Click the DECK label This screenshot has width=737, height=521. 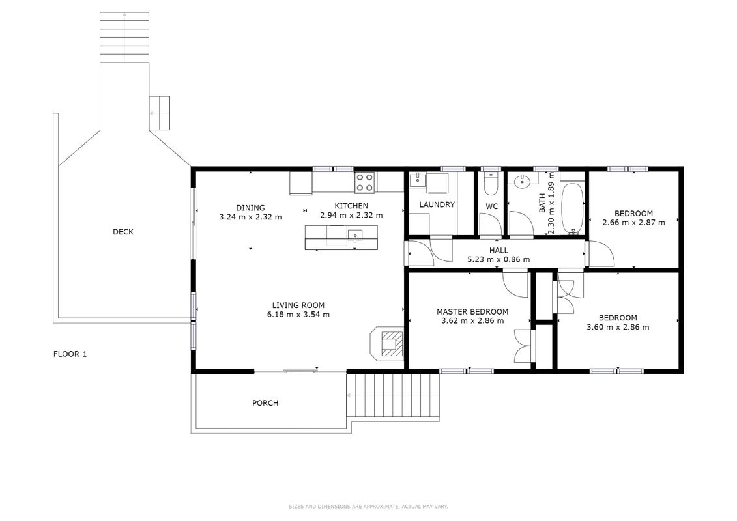coord(123,232)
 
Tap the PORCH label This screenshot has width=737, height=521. coord(265,403)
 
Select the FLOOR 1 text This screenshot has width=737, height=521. coord(70,354)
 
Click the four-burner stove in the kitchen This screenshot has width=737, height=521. coord(365,182)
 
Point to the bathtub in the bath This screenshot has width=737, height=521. coord(572,208)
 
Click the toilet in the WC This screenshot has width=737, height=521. coord(491,184)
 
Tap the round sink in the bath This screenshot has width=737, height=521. coord(522,181)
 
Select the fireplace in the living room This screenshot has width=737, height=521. coord(387,343)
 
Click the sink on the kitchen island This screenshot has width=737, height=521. coord(355,234)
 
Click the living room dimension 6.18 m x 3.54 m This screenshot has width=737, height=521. coord(298,315)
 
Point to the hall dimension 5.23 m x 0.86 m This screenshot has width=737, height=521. coord(499,259)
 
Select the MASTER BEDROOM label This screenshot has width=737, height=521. coord(472,311)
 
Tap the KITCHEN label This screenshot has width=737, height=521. coord(351,206)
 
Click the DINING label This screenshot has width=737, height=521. coord(250,208)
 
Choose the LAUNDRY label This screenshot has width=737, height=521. coord(437,205)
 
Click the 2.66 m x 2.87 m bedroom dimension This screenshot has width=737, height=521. coord(633,222)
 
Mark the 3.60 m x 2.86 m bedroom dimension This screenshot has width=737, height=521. coord(618,327)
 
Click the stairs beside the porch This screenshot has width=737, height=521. coord(394,395)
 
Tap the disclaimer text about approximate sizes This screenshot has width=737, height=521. coord(368,507)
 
